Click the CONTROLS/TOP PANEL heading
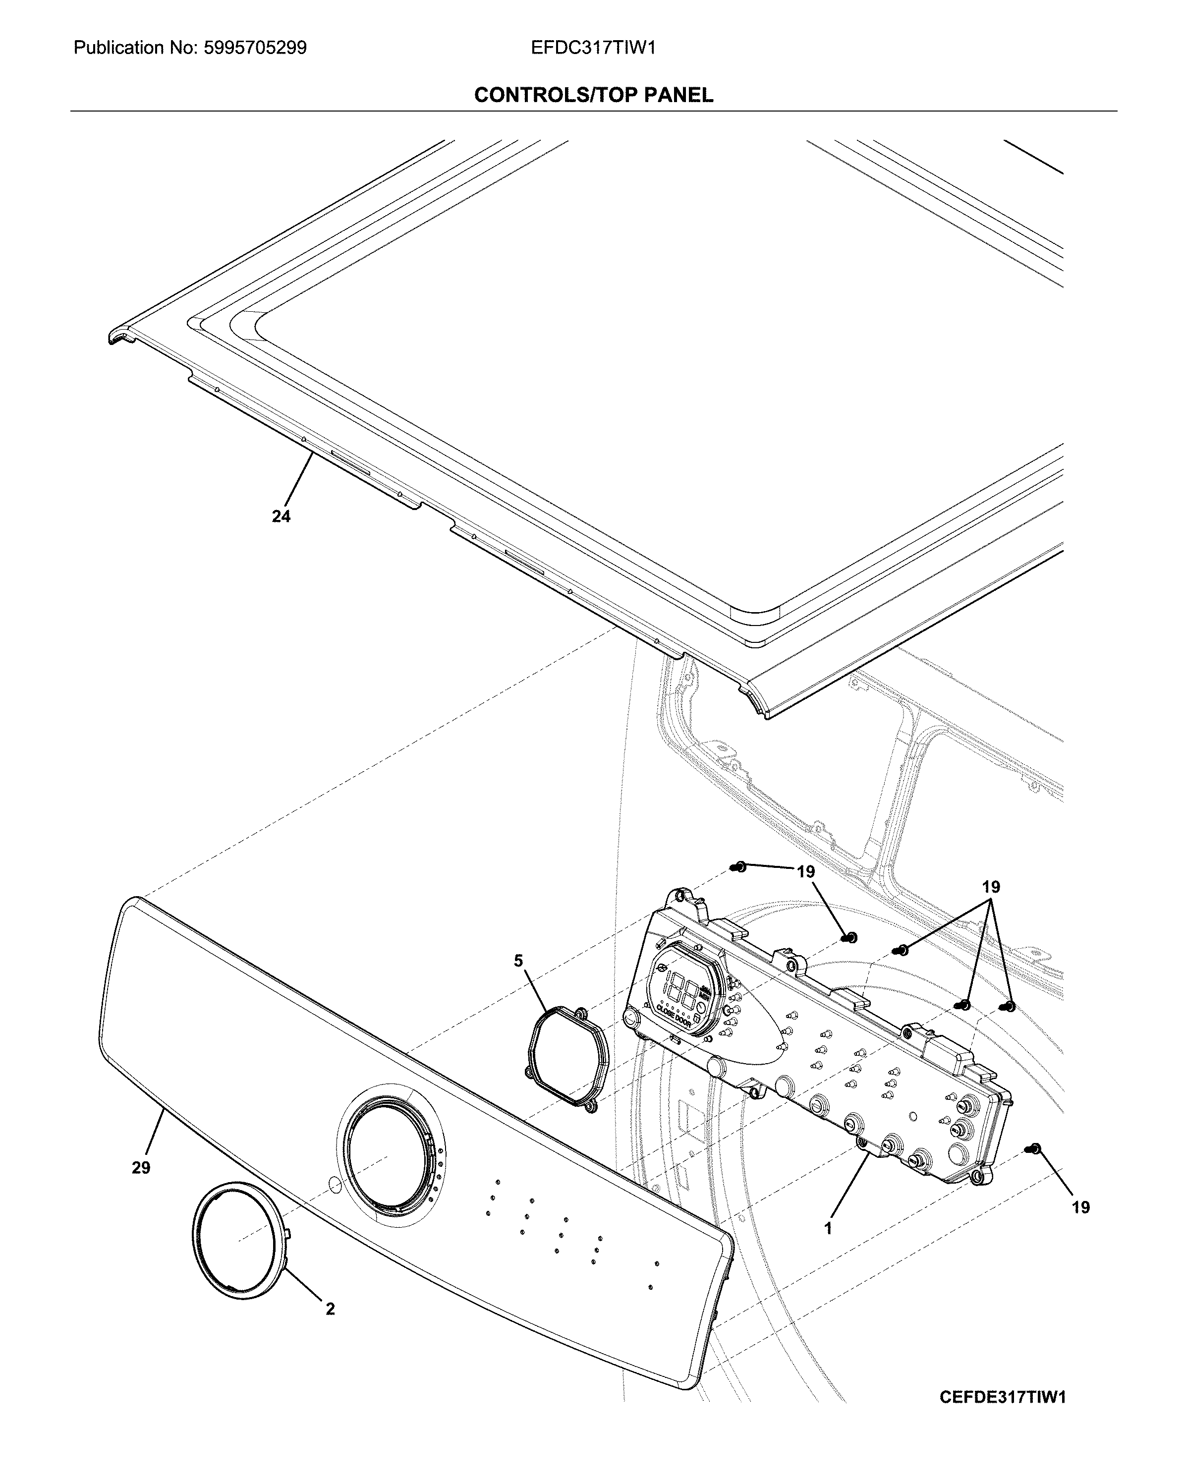(593, 95)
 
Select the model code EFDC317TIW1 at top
(593, 48)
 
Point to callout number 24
(281, 516)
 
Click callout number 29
(141, 1167)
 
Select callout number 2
(330, 1309)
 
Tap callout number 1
(828, 1228)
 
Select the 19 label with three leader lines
(991, 887)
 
